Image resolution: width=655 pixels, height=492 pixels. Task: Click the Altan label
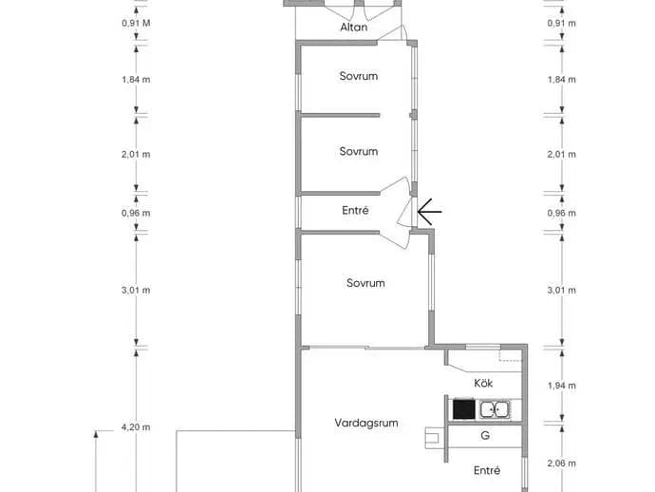(354, 28)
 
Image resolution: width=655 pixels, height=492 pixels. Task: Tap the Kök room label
(483, 383)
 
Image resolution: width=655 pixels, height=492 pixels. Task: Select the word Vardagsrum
(366, 423)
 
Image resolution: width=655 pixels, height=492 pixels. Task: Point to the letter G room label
(485, 436)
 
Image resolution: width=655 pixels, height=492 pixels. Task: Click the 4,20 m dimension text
(136, 427)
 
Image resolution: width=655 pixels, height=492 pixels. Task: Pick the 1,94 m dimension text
(561, 386)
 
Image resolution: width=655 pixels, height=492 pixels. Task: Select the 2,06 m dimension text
(561, 464)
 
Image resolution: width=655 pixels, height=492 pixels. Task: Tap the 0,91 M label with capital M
(136, 23)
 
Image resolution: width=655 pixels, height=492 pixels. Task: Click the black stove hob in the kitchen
(464, 409)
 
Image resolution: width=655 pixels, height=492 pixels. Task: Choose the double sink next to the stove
(495, 409)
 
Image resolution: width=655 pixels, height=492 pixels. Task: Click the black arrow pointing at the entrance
(429, 212)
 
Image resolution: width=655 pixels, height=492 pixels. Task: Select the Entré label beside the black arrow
(355, 210)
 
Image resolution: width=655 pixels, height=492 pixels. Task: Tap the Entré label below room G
(487, 471)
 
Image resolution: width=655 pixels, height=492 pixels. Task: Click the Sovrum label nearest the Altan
(359, 76)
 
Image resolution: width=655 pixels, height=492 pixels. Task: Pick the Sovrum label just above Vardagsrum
(365, 283)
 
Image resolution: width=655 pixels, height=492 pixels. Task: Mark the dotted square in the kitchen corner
(510, 355)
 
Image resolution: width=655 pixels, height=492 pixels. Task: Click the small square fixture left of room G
(432, 438)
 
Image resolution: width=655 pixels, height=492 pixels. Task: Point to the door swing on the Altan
(398, 32)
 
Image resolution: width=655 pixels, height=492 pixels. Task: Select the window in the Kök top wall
(483, 347)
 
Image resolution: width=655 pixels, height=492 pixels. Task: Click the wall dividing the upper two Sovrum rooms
(338, 115)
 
